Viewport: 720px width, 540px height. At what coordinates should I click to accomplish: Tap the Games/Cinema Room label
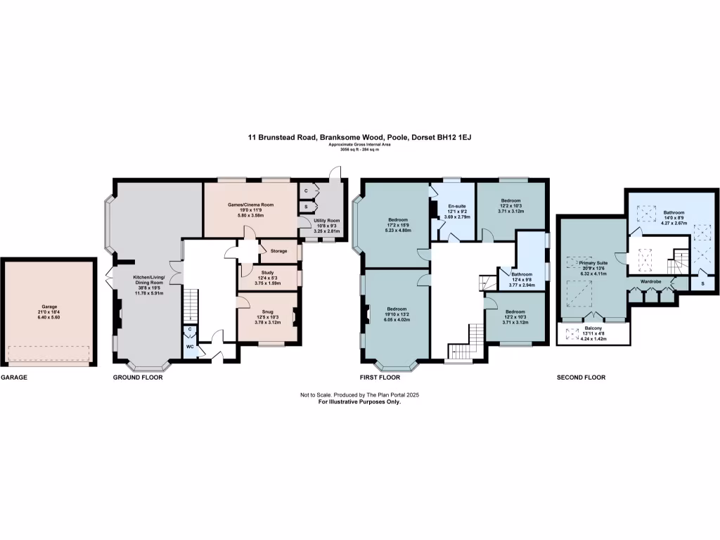tap(250, 205)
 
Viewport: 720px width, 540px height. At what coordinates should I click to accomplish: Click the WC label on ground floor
tap(190, 347)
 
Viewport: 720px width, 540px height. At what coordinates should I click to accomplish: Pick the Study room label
tap(266, 276)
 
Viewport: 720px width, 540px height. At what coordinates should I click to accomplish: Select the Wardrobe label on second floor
tap(650, 281)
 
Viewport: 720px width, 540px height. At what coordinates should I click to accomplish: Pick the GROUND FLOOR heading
tap(138, 378)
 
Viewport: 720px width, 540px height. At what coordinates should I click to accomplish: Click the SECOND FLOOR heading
tap(581, 378)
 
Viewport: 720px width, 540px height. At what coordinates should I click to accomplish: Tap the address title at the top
tap(359, 139)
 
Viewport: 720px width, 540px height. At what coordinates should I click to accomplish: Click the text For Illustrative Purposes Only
tap(359, 401)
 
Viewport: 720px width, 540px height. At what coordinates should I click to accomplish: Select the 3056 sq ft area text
tap(359, 150)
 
